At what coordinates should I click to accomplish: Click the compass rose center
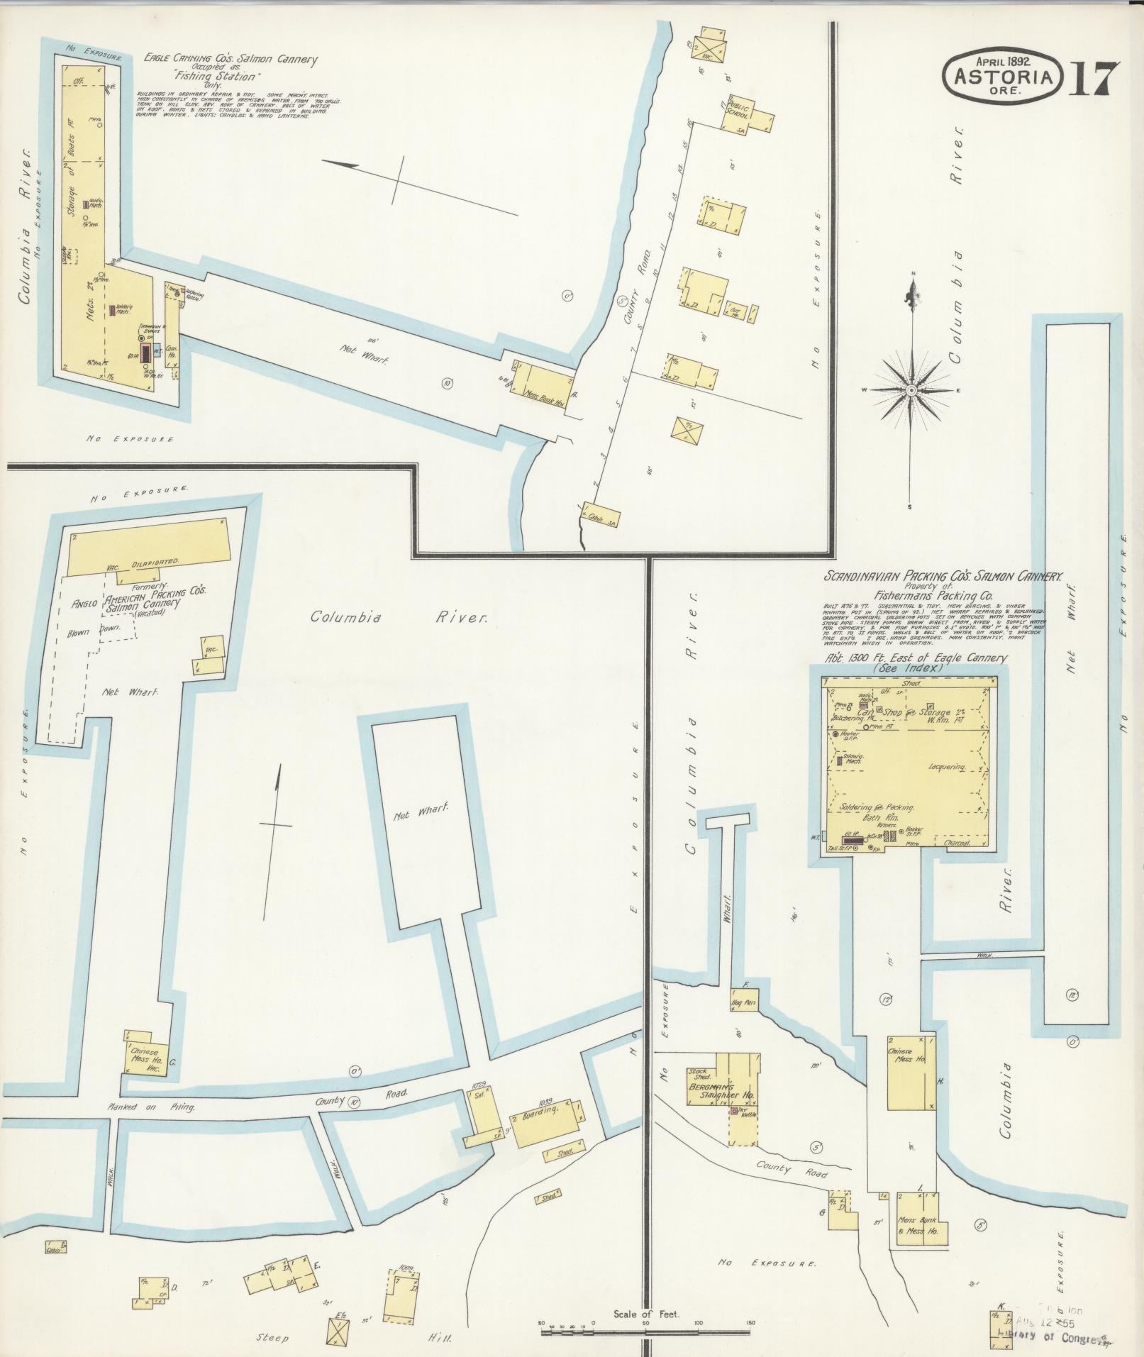[913, 390]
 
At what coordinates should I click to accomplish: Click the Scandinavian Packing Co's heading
[941, 578]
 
